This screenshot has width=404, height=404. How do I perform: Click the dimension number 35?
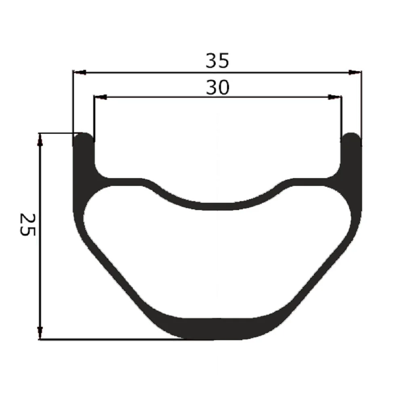[x=217, y=61]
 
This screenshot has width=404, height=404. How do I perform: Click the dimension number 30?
[x=217, y=88]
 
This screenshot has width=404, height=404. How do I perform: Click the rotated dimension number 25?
[x=27, y=224]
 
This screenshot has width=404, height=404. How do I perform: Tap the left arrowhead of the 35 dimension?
[x=80, y=72]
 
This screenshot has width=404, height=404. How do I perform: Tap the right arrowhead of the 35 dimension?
[x=355, y=72]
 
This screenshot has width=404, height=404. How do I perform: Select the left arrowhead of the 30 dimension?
[x=101, y=97]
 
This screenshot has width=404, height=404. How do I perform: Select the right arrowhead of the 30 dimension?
[x=335, y=97]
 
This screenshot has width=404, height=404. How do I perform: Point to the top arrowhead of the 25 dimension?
[x=40, y=140]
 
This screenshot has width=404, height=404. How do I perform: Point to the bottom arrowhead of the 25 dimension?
[x=40, y=333]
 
